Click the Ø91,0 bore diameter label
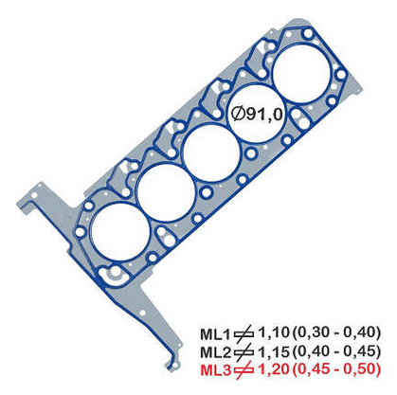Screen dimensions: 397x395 [257, 114]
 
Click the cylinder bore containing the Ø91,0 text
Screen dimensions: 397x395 [256, 115]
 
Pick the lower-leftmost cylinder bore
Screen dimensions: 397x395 [119, 232]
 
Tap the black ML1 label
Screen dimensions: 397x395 [216, 334]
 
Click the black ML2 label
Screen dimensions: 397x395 [216, 352]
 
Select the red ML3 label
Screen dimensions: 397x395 [216, 370]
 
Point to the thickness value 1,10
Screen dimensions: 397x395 [274, 332]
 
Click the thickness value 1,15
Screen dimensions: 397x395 [274, 350]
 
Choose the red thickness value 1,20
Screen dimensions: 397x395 [274, 369]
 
